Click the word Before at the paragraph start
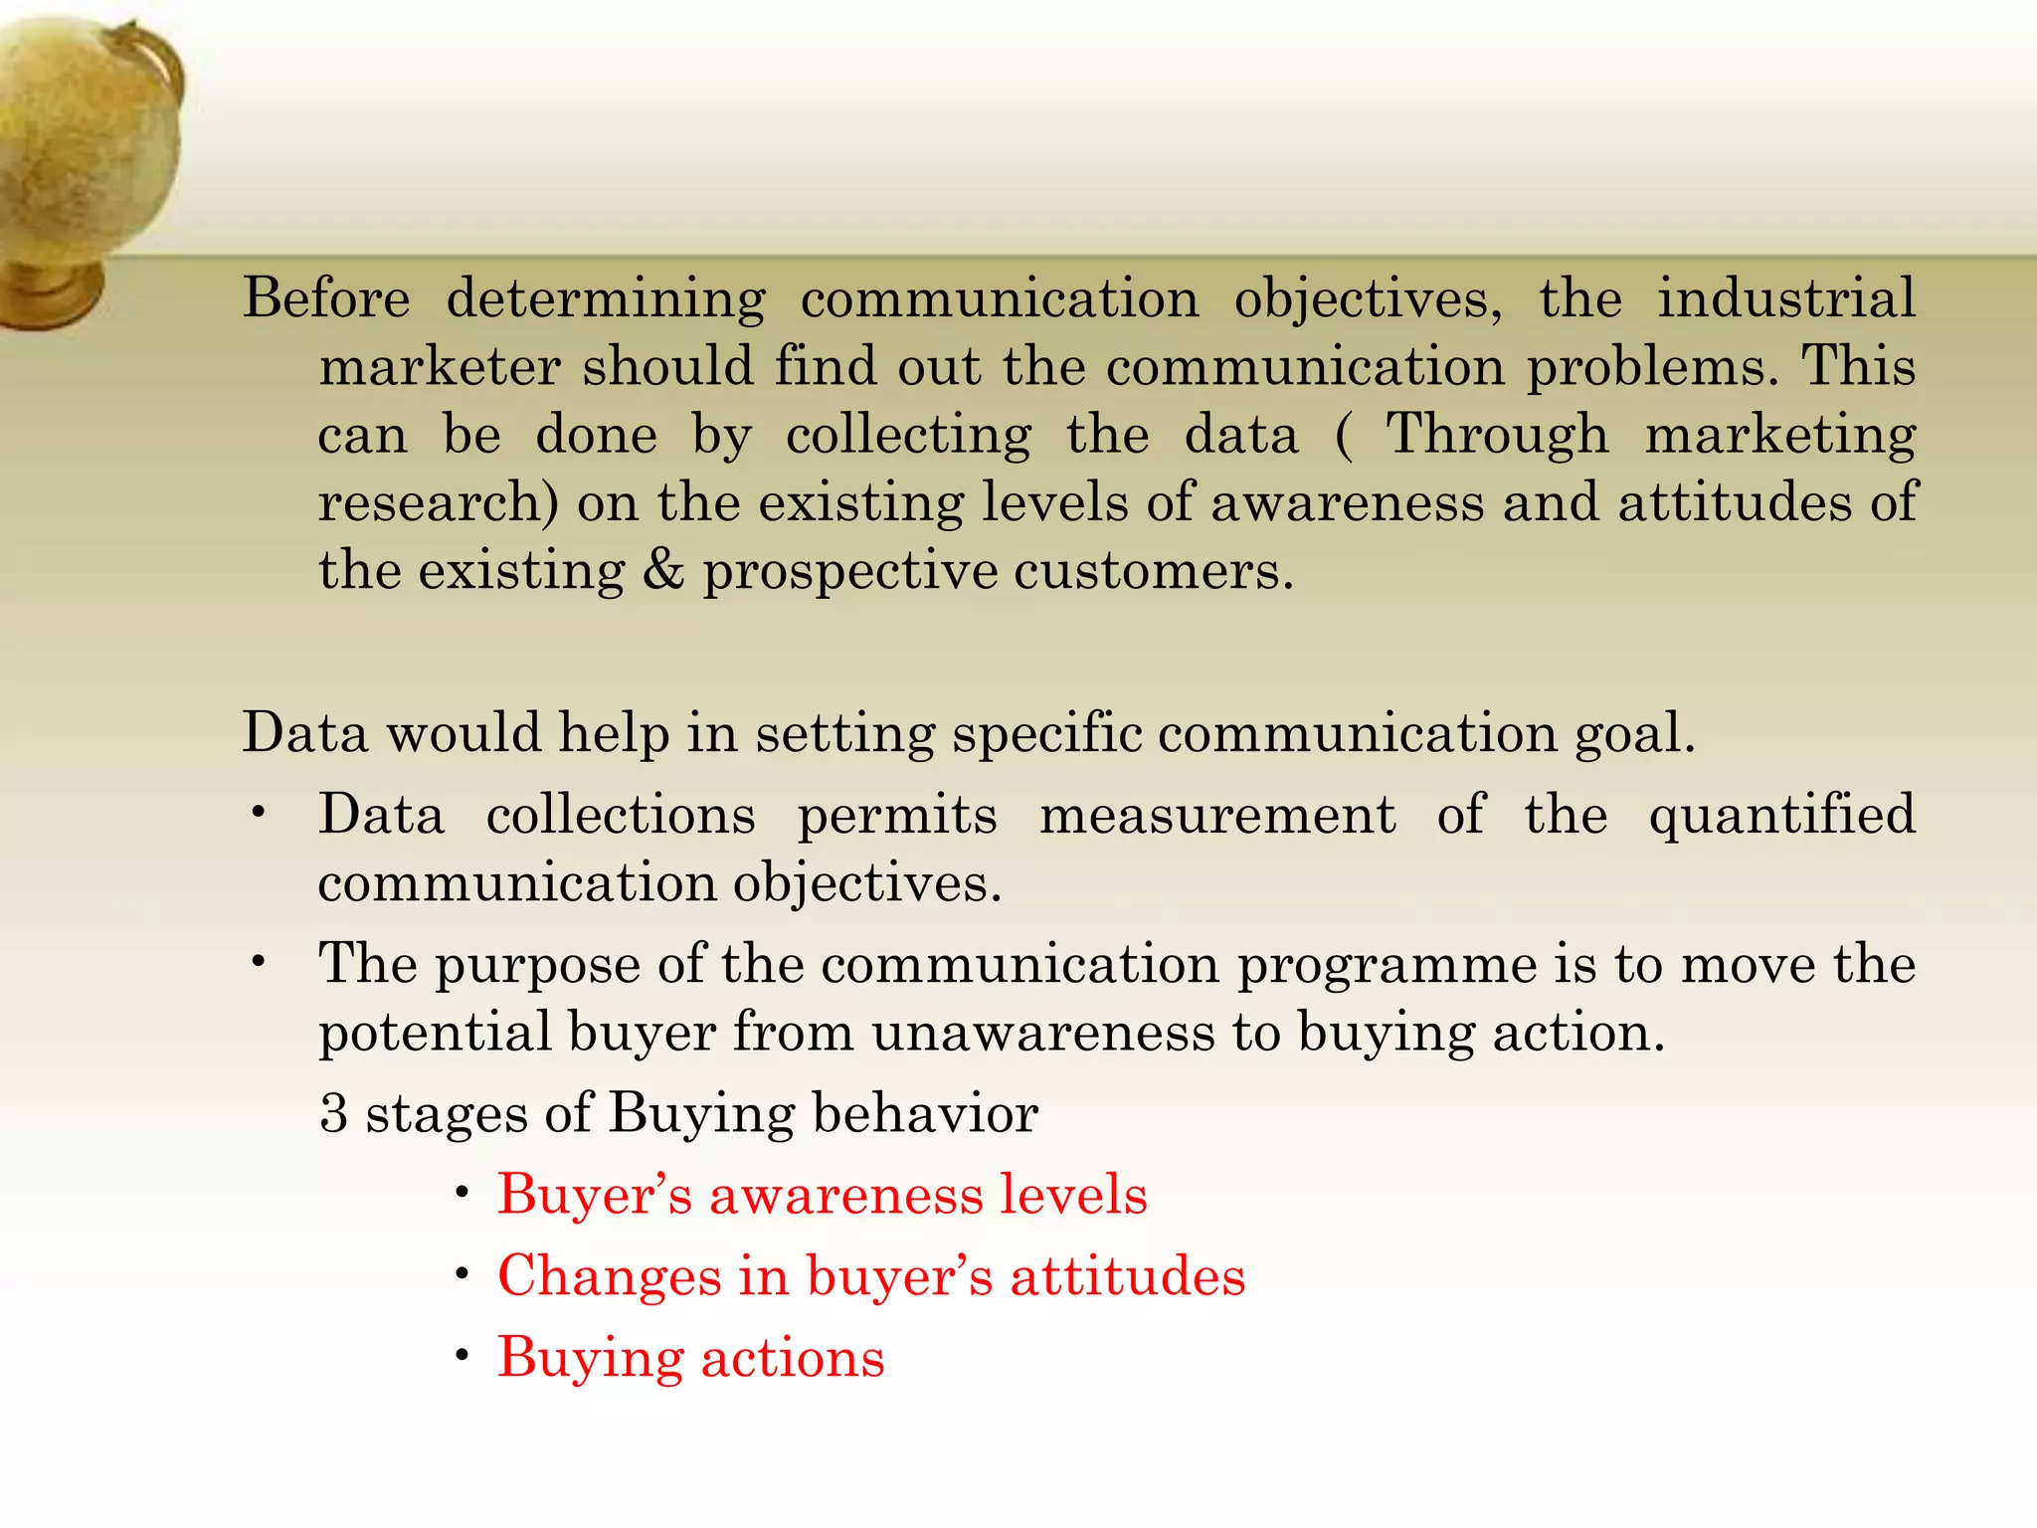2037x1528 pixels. coord(326,297)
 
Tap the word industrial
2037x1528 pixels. coord(1785,297)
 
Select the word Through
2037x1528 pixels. coord(1497,435)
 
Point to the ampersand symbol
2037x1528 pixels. coord(663,570)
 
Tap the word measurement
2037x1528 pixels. coord(1217,815)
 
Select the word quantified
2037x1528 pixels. coord(1781,815)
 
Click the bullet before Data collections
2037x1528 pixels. coord(259,814)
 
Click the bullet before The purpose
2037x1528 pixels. coord(259,962)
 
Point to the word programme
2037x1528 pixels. coord(1387,965)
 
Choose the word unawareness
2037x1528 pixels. coord(1043,1033)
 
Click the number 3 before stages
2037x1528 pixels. coord(334,1113)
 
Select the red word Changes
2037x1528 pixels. coord(609,1276)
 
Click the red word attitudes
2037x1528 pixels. coord(1128,1276)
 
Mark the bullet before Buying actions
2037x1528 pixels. coord(462,1357)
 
